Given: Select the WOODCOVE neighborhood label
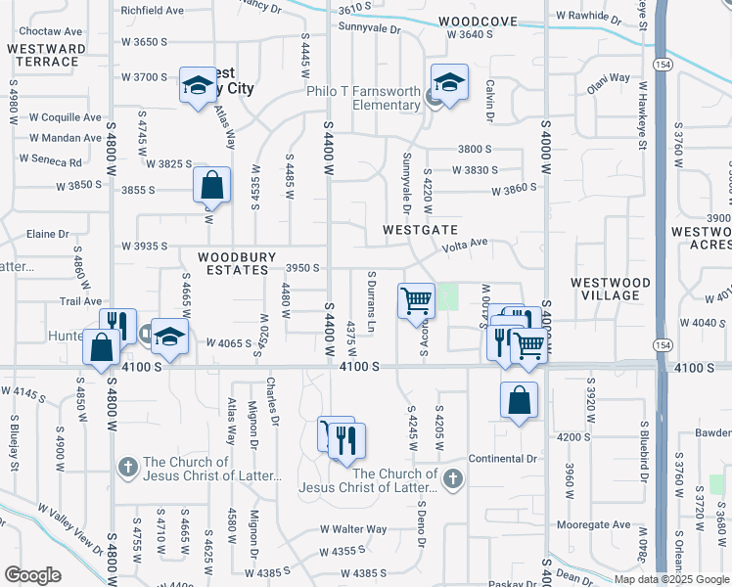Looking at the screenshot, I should point(477,21).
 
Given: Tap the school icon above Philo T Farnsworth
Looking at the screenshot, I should point(449,82).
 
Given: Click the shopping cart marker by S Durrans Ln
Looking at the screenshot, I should point(416,298).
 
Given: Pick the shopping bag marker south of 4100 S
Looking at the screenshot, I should point(519,399).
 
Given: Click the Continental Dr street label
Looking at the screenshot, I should point(504,458).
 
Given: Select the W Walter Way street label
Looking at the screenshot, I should point(353,529).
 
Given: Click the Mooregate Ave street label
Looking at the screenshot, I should point(594,524).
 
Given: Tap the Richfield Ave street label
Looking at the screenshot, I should point(152,11).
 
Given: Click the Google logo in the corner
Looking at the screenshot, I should point(33,575).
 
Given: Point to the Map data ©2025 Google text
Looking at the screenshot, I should point(671,579).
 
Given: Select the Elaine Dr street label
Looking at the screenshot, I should point(48,235).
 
